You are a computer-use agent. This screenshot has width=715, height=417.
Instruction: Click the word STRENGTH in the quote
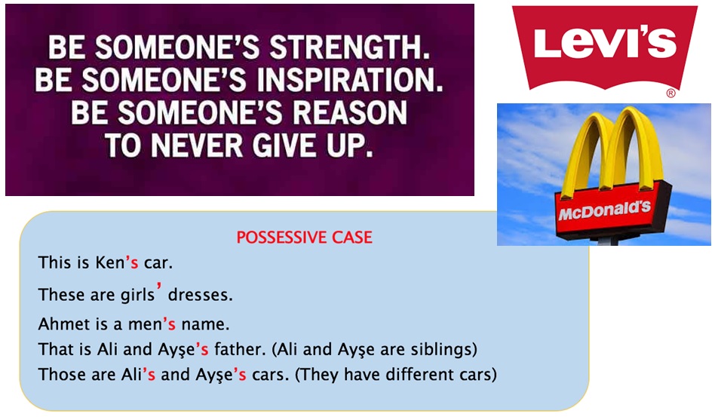[x=349, y=48]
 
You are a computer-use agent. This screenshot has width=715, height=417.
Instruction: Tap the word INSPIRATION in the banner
[x=349, y=80]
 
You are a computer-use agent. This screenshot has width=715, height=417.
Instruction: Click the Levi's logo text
[x=605, y=43]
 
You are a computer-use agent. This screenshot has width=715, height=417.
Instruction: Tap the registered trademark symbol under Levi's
[x=671, y=93]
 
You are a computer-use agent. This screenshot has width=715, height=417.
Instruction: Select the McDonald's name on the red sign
[x=604, y=210]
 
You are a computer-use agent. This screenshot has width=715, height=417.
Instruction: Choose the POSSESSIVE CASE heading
[x=304, y=238]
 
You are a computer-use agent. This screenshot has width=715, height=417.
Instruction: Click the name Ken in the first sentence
[x=110, y=262]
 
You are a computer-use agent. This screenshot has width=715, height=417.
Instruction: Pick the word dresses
[x=200, y=295]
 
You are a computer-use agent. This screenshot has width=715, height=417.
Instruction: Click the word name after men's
[x=205, y=324]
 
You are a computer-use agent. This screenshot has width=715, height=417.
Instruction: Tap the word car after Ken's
[x=158, y=263]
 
